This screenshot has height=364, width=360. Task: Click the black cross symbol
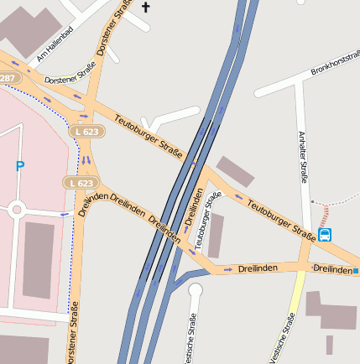point(145,8)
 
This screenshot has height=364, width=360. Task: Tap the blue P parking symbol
point(20,166)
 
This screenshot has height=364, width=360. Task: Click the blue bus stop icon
point(325,235)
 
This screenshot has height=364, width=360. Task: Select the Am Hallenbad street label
point(55,44)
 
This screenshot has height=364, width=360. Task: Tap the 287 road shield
point(8,78)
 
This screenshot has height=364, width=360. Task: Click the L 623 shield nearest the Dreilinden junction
point(81,182)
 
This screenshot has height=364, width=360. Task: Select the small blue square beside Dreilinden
point(356,271)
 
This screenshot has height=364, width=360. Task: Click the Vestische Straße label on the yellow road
point(283,338)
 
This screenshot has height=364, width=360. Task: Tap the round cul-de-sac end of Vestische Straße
point(196,291)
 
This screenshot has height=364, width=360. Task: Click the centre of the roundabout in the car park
point(16,210)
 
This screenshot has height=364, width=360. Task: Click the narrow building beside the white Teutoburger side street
point(217,235)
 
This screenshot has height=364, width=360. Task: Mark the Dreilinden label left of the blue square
point(332,269)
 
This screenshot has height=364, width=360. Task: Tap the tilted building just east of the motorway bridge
point(235,171)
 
